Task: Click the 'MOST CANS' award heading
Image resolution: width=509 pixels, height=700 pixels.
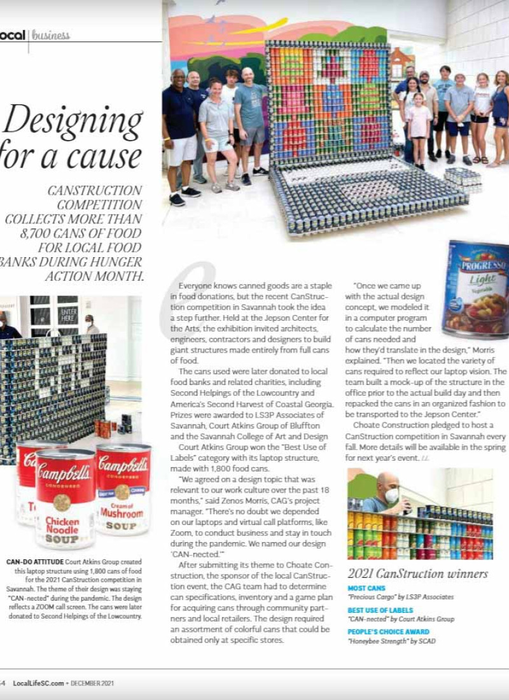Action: pyautogui.click(x=366, y=589)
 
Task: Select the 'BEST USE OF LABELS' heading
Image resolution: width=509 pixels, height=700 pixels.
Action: pyautogui.click(x=380, y=610)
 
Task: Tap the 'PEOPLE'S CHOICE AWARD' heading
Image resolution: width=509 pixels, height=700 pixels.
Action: pyautogui.click(x=388, y=632)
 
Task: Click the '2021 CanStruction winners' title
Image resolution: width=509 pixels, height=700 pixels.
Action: pyautogui.click(x=417, y=573)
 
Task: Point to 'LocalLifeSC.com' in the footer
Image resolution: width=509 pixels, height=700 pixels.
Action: pyautogui.click(x=38, y=683)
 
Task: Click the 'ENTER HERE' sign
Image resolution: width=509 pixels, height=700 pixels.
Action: pyautogui.click(x=67, y=315)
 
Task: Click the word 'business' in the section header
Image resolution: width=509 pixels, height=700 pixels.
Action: pyautogui.click(x=51, y=35)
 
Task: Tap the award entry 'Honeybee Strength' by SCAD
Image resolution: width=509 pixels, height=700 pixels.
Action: pyautogui.click(x=391, y=641)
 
